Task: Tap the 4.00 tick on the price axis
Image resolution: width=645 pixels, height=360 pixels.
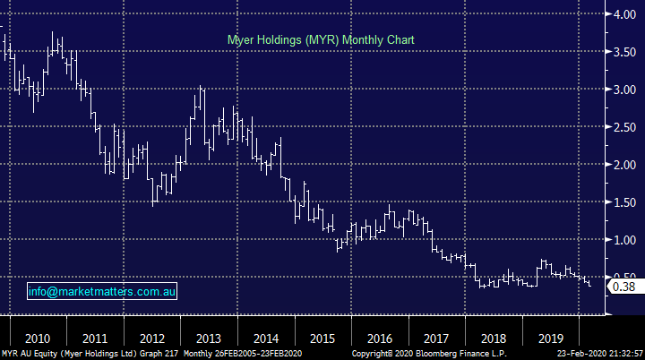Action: click(x=623, y=13)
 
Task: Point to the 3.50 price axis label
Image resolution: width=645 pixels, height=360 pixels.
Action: click(x=623, y=52)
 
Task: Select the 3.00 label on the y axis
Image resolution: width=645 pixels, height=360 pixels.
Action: click(x=623, y=90)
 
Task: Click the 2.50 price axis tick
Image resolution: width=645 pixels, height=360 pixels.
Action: click(x=623, y=127)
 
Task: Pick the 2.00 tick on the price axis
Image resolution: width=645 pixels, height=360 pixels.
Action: click(x=623, y=165)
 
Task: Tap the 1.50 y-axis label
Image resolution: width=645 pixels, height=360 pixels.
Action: click(x=623, y=202)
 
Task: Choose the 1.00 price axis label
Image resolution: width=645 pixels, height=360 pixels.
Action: click(x=623, y=240)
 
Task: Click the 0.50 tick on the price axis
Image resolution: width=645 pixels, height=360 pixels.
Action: click(x=623, y=277)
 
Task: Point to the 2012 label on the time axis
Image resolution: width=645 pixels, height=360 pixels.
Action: click(x=152, y=339)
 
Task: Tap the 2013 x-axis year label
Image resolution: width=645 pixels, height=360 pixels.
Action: click(x=208, y=339)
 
